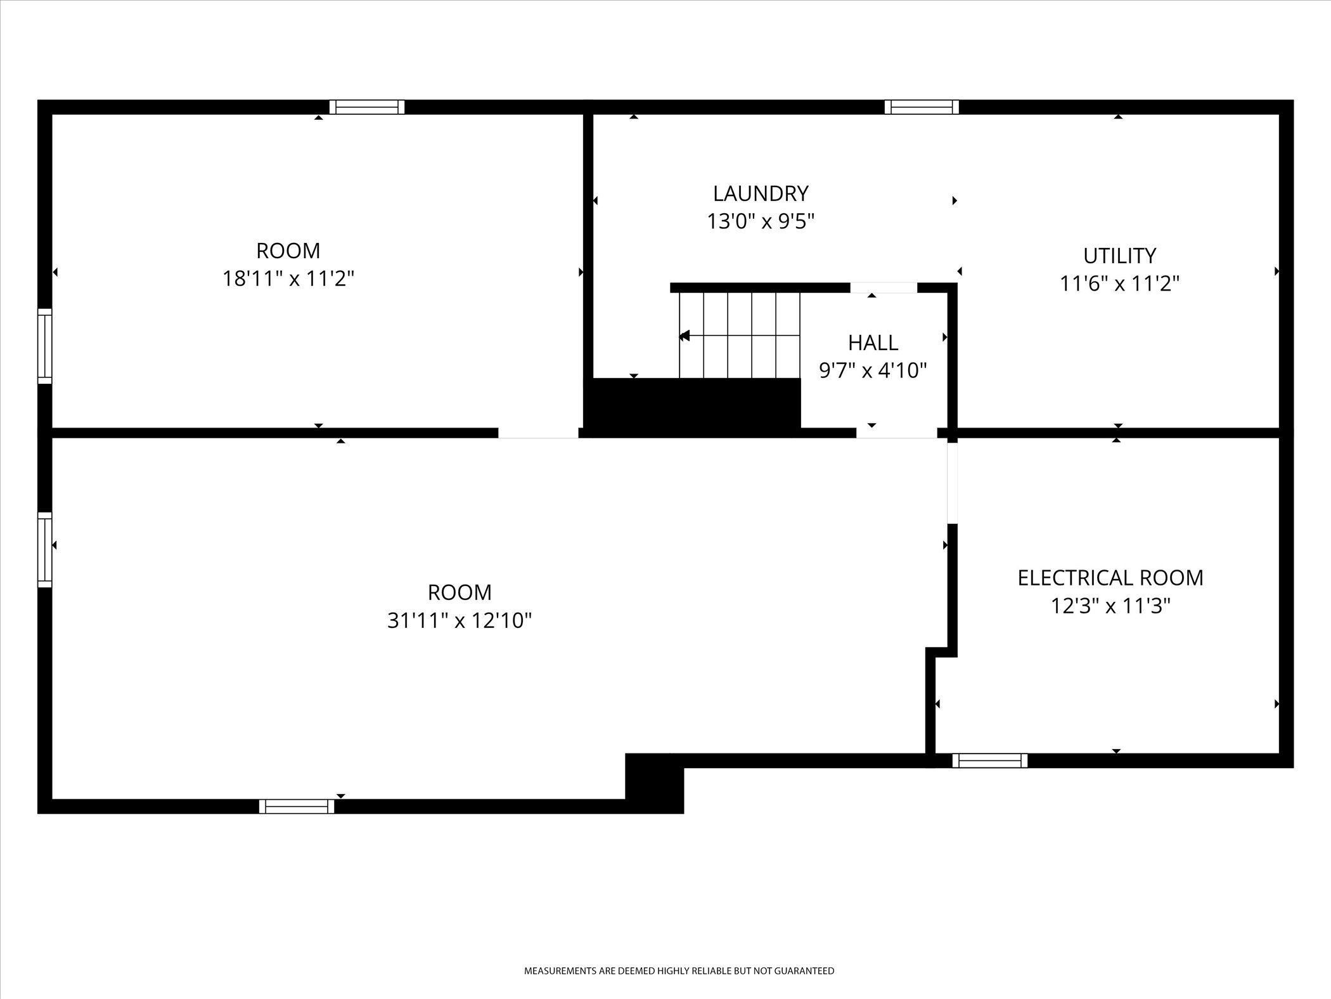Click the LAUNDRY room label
pos(761,193)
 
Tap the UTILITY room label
pos(1119,256)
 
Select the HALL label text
pos(873,343)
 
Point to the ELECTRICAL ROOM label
pos(1110,578)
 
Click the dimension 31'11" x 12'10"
pos(460,620)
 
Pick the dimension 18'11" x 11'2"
pos(288,278)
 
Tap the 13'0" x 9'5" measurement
pos(761,221)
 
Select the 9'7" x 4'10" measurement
pos(873,370)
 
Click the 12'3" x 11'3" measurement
pos(1110,606)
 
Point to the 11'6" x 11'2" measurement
pos(1119,284)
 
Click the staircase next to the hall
pos(739,335)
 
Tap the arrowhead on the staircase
pos(684,336)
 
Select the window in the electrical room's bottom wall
pos(989,761)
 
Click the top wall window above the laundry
pos(922,107)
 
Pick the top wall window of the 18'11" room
pos(367,107)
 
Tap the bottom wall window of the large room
pos(297,806)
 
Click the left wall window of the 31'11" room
pos(45,549)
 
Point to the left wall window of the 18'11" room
pos(45,346)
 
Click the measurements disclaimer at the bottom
pos(679,971)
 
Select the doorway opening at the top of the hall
pos(884,288)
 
